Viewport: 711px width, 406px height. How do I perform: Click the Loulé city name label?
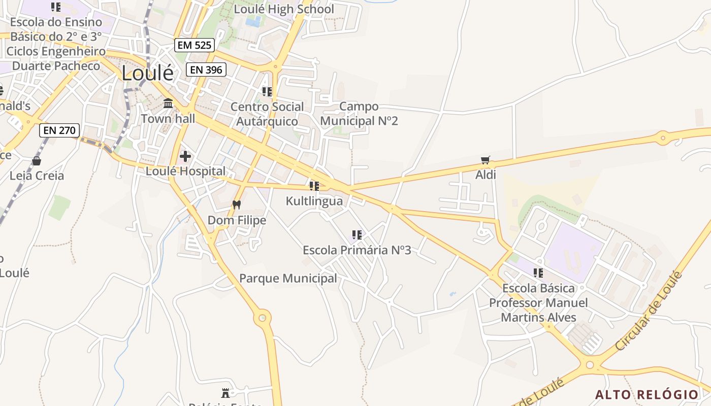[x=147, y=73]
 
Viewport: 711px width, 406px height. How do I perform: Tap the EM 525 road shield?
[x=195, y=45]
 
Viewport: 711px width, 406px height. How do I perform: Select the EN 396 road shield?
[x=206, y=70]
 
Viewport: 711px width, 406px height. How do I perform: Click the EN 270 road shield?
[x=59, y=130]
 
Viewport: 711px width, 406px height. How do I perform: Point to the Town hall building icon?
[x=168, y=104]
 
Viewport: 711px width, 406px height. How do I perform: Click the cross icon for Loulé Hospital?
[x=185, y=156]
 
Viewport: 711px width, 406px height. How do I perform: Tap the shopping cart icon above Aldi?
[x=486, y=160]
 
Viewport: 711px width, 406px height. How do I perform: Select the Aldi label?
[x=486, y=175]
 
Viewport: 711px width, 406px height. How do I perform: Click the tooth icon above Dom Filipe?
[x=236, y=205]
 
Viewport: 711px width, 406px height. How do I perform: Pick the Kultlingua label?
[x=314, y=201]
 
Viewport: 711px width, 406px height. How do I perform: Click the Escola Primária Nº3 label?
[x=357, y=250]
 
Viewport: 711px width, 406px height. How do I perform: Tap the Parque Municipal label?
[x=288, y=278]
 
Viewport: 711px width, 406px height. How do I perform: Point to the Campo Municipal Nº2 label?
[x=359, y=114]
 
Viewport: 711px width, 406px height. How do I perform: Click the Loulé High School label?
[x=284, y=9]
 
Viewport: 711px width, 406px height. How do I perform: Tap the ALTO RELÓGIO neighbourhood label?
[x=647, y=394]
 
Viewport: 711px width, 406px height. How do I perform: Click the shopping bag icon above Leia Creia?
[x=37, y=161]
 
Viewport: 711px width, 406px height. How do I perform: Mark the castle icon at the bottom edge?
[x=225, y=393]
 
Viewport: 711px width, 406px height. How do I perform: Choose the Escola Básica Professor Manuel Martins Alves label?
[x=538, y=302]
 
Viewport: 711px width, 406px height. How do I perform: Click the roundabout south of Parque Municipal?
[x=262, y=318]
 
